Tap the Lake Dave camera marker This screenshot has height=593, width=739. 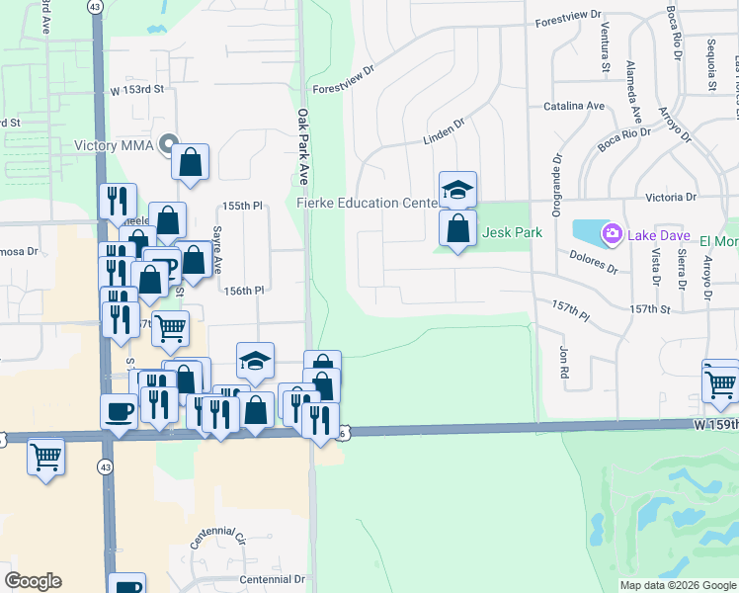coord(612,233)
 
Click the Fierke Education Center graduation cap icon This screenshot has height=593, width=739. coord(457,189)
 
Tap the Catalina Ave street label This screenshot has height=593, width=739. coord(574,106)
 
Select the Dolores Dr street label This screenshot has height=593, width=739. coord(593,262)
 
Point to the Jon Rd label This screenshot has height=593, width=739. coord(564,361)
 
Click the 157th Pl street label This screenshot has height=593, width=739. coord(570,312)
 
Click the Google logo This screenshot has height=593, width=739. coord(33,581)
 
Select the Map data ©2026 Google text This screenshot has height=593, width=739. coord(677,585)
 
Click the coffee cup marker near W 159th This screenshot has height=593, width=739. coord(120,411)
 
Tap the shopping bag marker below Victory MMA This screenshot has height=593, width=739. coord(190,160)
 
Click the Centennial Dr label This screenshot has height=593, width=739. coord(273,578)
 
